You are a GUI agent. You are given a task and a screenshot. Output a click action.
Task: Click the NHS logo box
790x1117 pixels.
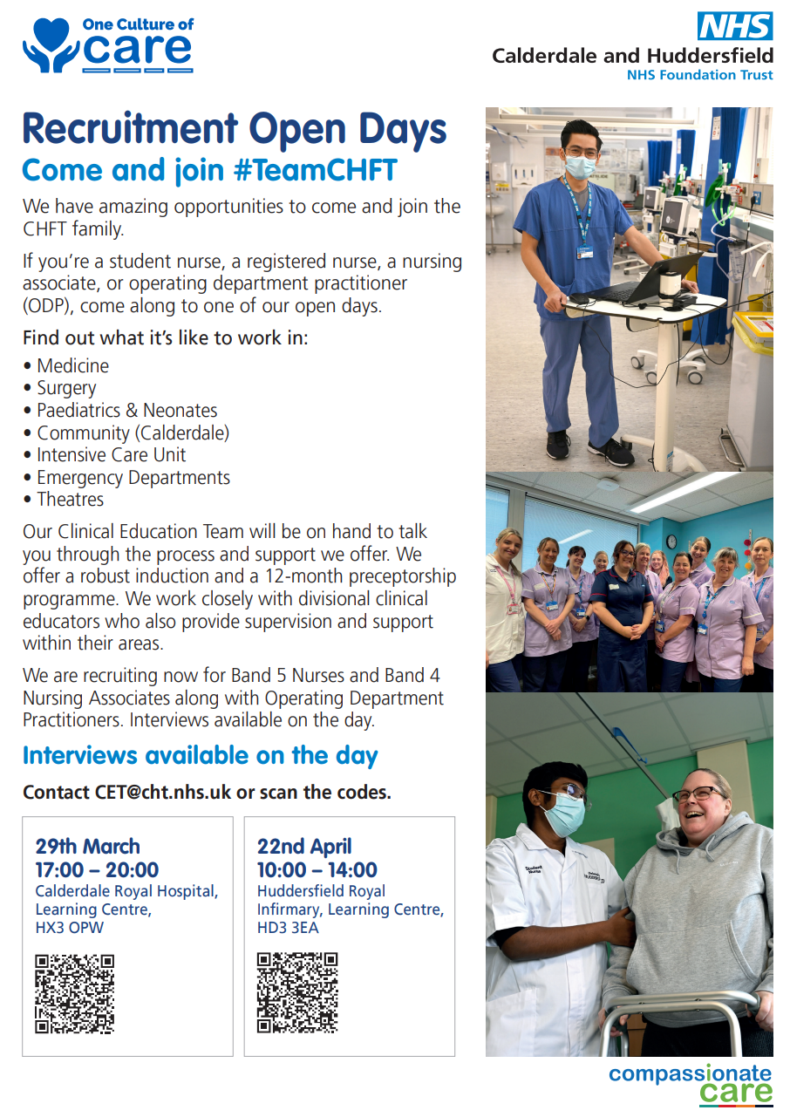pyautogui.click(x=735, y=26)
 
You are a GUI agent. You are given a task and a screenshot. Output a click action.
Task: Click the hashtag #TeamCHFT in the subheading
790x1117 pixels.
pyautogui.click(x=315, y=170)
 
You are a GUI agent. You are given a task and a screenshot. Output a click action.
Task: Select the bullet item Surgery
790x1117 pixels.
pyautogui.click(x=66, y=388)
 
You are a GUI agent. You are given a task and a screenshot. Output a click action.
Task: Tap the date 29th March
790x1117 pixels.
pyautogui.click(x=88, y=846)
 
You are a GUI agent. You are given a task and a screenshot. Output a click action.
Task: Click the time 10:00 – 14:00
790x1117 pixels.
pyautogui.click(x=317, y=869)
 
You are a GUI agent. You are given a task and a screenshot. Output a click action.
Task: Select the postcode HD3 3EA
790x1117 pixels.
pyautogui.click(x=288, y=928)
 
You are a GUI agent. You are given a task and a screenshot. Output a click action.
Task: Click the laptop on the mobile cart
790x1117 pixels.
pyautogui.click(x=644, y=280)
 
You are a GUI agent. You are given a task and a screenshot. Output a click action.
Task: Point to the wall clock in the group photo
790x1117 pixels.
pyautogui.click(x=671, y=541)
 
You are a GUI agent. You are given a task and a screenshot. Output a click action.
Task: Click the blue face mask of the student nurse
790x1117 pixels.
pyautogui.click(x=564, y=816)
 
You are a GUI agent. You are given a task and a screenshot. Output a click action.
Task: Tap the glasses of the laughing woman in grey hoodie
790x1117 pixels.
pyautogui.click(x=698, y=793)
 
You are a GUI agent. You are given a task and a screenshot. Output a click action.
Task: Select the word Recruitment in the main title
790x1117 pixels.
pyautogui.click(x=130, y=130)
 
